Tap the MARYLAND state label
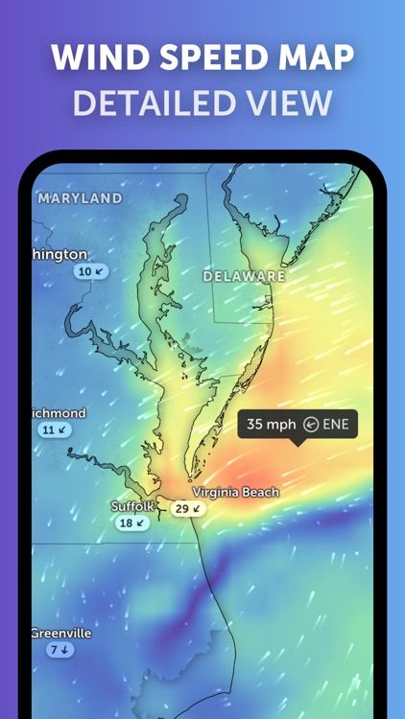(81, 198)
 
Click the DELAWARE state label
(244, 276)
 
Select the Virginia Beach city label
(236, 492)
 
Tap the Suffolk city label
(132, 506)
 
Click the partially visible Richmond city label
(60, 413)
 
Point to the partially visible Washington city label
(60, 254)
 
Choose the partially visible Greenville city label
(61, 634)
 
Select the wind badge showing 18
(132, 523)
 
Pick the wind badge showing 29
(189, 509)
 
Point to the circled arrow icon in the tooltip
(311, 424)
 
